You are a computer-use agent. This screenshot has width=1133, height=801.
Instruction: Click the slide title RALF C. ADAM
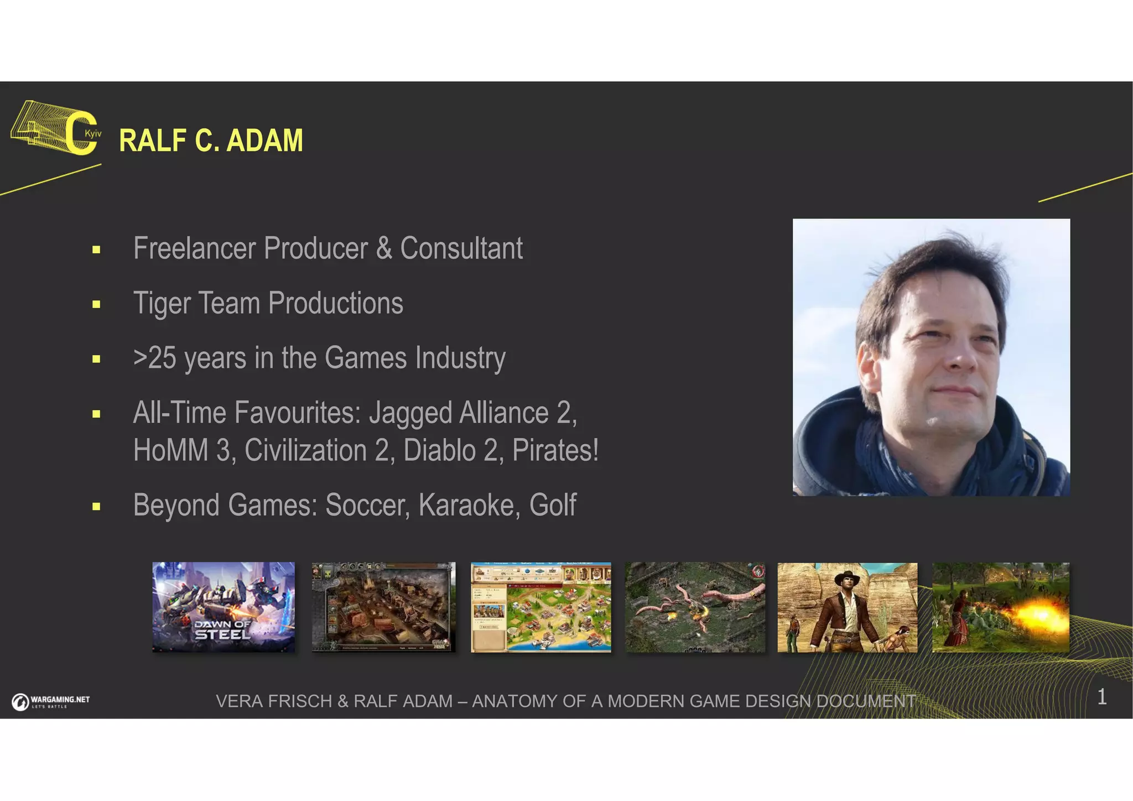click(211, 141)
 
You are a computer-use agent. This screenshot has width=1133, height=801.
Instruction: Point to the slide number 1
click(1101, 697)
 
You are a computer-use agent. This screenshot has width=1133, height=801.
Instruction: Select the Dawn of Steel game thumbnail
click(224, 607)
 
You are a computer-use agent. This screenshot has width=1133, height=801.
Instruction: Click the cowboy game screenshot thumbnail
click(847, 607)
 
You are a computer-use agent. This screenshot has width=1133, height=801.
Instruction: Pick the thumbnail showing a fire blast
click(1000, 607)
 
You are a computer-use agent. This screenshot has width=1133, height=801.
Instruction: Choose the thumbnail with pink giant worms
click(695, 607)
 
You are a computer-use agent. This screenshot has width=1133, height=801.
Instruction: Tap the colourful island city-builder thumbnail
click(540, 607)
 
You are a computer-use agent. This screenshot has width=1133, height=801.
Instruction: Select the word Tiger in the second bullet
click(162, 304)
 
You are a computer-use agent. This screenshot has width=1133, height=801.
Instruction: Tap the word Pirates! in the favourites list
click(555, 450)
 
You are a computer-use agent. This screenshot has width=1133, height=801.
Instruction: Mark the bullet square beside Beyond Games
click(96, 506)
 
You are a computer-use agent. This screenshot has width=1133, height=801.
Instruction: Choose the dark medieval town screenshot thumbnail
click(383, 607)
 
